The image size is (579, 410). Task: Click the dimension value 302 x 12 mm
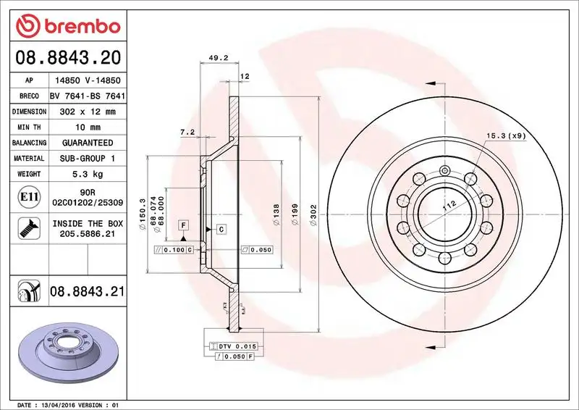coord(88,112)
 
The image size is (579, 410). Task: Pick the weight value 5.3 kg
coord(88,174)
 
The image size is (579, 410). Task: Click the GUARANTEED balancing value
coord(88,143)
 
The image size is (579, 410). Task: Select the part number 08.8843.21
coord(88,292)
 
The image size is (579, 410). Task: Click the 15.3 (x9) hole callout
coord(504,135)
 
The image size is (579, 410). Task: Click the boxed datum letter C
coord(221,230)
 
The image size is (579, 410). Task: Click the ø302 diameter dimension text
coord(313,215)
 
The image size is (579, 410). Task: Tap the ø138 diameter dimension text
coord(276,215)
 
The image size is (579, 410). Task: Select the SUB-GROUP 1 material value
coord(88,158)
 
